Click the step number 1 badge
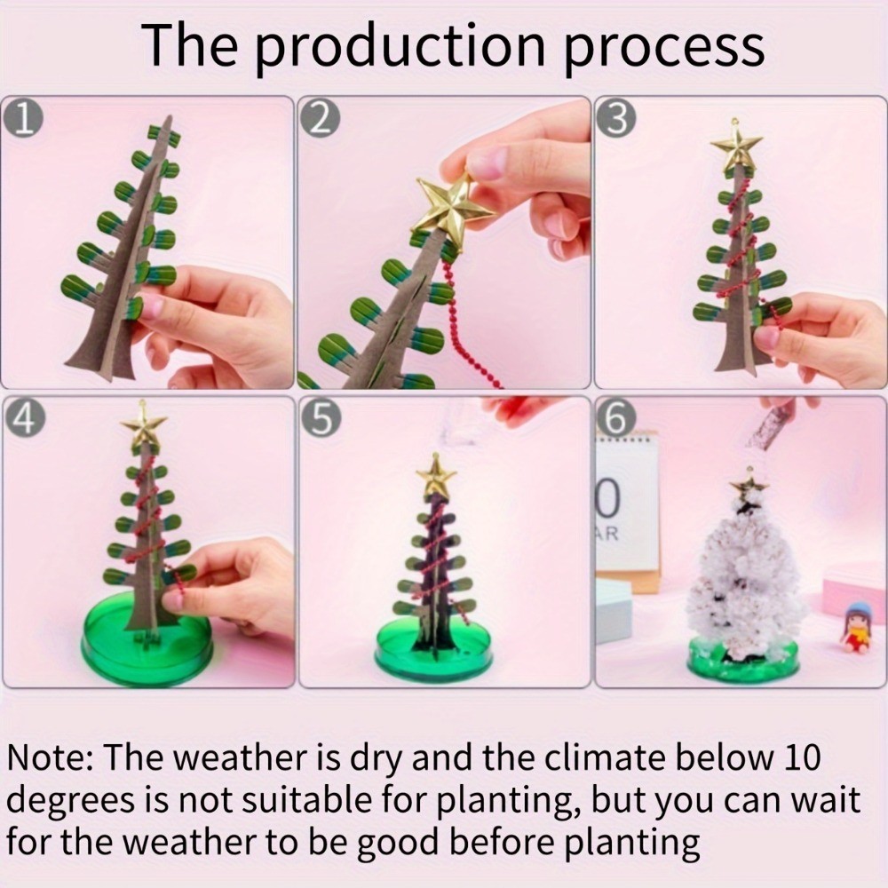pos(23,120)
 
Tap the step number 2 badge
pos(320,120)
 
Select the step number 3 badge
pos(617,120)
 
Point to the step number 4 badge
pos(23,420)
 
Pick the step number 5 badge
pos(321,420)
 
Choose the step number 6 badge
pos(617,420)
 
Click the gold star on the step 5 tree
pos(435,477)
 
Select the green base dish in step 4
pos(147,640)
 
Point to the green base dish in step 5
pos(433,645)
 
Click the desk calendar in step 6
pos(628,510)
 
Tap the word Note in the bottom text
pos(49,757)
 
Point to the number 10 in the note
pos(803,757)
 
